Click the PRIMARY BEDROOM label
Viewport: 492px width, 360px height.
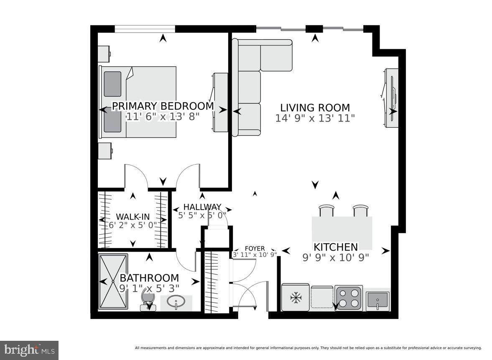[x=163, y=106]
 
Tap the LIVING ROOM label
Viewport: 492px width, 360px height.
[x=315, y=107]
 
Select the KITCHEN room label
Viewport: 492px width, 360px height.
[x=336, y=247]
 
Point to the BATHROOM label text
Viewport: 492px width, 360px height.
[x=149, y=278]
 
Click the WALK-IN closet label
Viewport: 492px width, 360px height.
[x=133, y=216]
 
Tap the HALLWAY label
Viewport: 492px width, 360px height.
[x=202, y=207]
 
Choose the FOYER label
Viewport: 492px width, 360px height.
[x=255, y=248]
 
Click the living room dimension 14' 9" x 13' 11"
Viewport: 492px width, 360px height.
[x=315, y=118]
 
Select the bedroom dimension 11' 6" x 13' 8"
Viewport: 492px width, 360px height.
[x=163, y=117]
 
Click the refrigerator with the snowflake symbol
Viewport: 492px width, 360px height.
[x=296, y=298]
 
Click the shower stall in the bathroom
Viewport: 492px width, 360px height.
[x=113, y=282]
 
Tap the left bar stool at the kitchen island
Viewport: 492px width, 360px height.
[x=326, y=210]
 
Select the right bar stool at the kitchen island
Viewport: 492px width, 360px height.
[x=360, y=210]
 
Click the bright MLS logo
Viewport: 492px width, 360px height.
[x=29, y=350]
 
